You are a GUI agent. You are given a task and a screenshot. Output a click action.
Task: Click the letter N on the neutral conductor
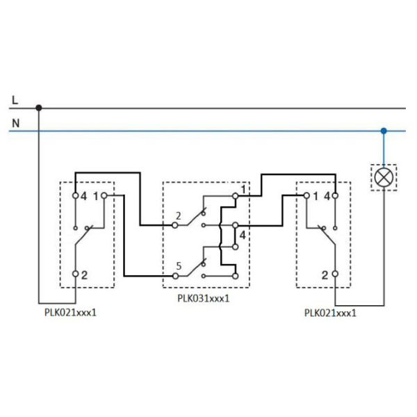15,123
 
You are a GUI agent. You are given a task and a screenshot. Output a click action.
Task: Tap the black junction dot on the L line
39,108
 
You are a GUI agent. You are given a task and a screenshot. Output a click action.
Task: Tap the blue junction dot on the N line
383,130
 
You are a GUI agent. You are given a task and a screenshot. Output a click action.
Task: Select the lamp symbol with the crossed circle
383,177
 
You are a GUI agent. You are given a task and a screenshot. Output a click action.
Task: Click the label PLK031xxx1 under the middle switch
203,299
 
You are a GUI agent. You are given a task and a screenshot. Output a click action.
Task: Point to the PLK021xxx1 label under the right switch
330,313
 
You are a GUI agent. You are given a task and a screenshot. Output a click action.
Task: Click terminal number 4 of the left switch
83,197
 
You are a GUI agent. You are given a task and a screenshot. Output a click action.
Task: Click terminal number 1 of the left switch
95,197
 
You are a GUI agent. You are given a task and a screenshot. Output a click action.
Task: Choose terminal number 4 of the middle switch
242,236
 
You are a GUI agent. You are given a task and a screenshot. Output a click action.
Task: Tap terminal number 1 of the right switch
315,197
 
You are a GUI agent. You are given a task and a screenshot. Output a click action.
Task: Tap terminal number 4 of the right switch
326,197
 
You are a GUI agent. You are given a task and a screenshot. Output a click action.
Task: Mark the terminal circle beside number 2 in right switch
335,275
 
